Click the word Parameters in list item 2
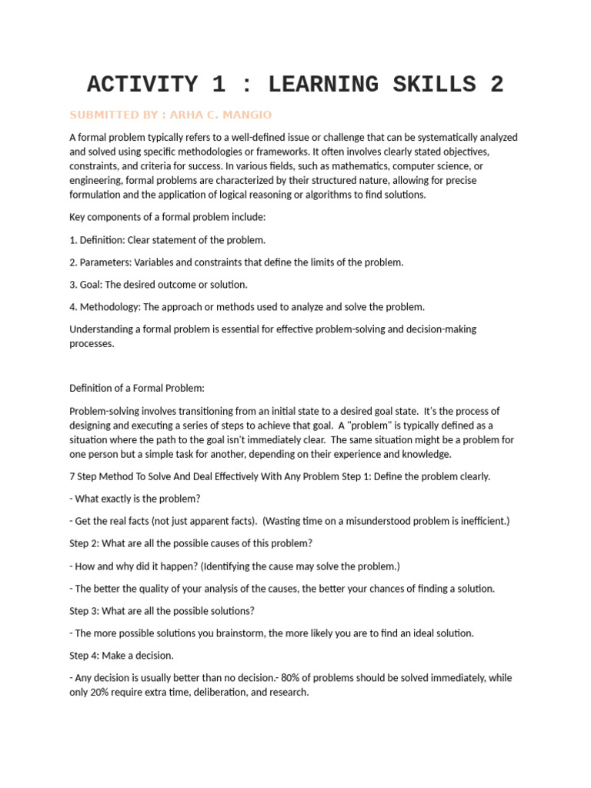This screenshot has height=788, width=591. pyautogui.click(x=105, y=262)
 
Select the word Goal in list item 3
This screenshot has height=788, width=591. pyautogui.click(x=92, y=285)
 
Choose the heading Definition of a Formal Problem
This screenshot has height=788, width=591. pyautogui.click(x=137, y=389)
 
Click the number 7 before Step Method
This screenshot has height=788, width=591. pyautogui.click(x=72, y=476)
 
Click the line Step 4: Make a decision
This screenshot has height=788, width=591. pyautogui.click(x=122, y=656)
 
